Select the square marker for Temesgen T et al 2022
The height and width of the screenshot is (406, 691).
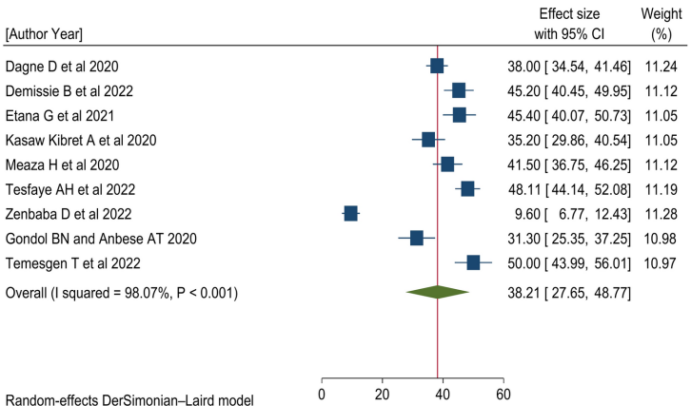[x=473, y=262]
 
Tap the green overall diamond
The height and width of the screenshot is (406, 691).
[x=437, y=292]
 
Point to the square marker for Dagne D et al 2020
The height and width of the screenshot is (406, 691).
[x=437, y=66]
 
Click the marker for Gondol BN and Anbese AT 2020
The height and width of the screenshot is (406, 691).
[x=416, y=238]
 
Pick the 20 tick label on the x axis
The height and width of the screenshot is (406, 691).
[x=382, y=395]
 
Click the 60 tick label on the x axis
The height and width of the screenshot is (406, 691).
[x=503, y=395]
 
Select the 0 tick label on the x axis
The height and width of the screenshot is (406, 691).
[x=322, y=395]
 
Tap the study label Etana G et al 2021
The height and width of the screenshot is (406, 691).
[x=60, y=115]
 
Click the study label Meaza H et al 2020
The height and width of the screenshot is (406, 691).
[x=62, y=164]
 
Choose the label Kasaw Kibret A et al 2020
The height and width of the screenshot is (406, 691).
[x=81, y=140]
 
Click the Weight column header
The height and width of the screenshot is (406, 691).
[x=662, y=14]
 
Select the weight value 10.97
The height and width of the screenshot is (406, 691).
[x=662, y=263]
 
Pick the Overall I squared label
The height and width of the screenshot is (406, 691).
[x=122, y=292]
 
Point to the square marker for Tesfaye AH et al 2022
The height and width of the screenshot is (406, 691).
[x=466, y=188]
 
